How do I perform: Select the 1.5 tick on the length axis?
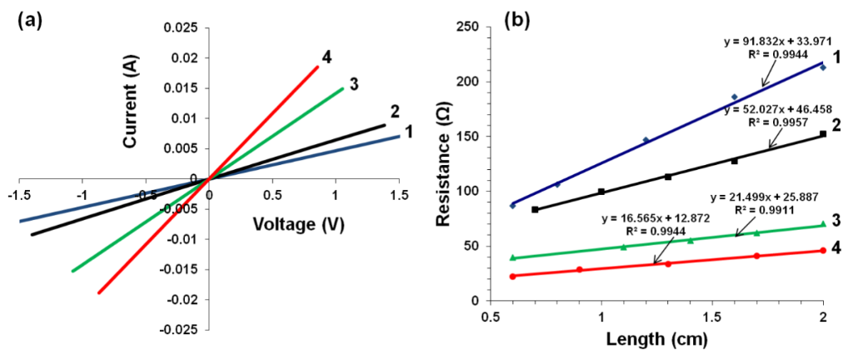click(x=712, y=317)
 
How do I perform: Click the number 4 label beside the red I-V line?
click(x=327, y=57)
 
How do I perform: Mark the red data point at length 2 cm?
click(x=823, y=250)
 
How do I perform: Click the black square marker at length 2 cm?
click(x=823, y=133)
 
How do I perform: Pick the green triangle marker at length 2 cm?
click(x=823, y=223)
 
